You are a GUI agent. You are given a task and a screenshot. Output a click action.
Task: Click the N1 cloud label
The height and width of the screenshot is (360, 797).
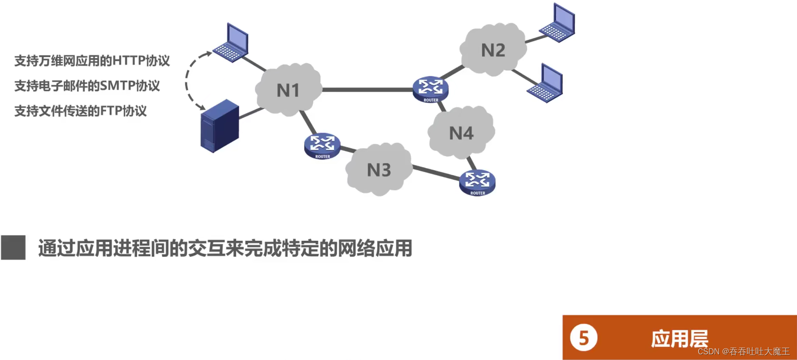pyautogui.click(x=288, y=90)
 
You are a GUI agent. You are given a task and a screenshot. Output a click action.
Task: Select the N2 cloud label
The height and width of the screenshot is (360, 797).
pyautogui.click(x=493, y=50)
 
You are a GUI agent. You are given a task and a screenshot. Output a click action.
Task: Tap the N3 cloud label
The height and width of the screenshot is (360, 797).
pyautogui.click(x=379, y=170)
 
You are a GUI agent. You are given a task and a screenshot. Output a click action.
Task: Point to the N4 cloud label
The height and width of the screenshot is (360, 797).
pyautogui.click(x=461, y=133)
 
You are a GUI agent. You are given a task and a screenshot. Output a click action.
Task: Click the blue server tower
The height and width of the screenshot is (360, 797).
pyautogui.click(x=220, y=126)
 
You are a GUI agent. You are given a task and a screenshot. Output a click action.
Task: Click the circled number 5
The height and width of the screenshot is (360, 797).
pyautogui.click(x=583, y=338)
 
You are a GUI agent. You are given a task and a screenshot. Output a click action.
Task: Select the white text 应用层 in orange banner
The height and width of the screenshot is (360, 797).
pyautogui.click(x=679, y=338)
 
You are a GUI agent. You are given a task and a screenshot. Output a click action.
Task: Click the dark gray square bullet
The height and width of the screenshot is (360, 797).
pyautogui.click(x=13, y=247)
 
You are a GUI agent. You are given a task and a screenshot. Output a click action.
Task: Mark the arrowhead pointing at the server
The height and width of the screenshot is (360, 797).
pyautogui.click(x=201, y=107)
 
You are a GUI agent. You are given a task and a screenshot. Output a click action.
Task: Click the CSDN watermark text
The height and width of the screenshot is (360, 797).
pyautogui.click(x=743, y=351)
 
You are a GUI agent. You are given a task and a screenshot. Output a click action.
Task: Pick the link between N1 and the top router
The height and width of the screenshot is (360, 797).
pyautogui.click(x=368, y=90)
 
